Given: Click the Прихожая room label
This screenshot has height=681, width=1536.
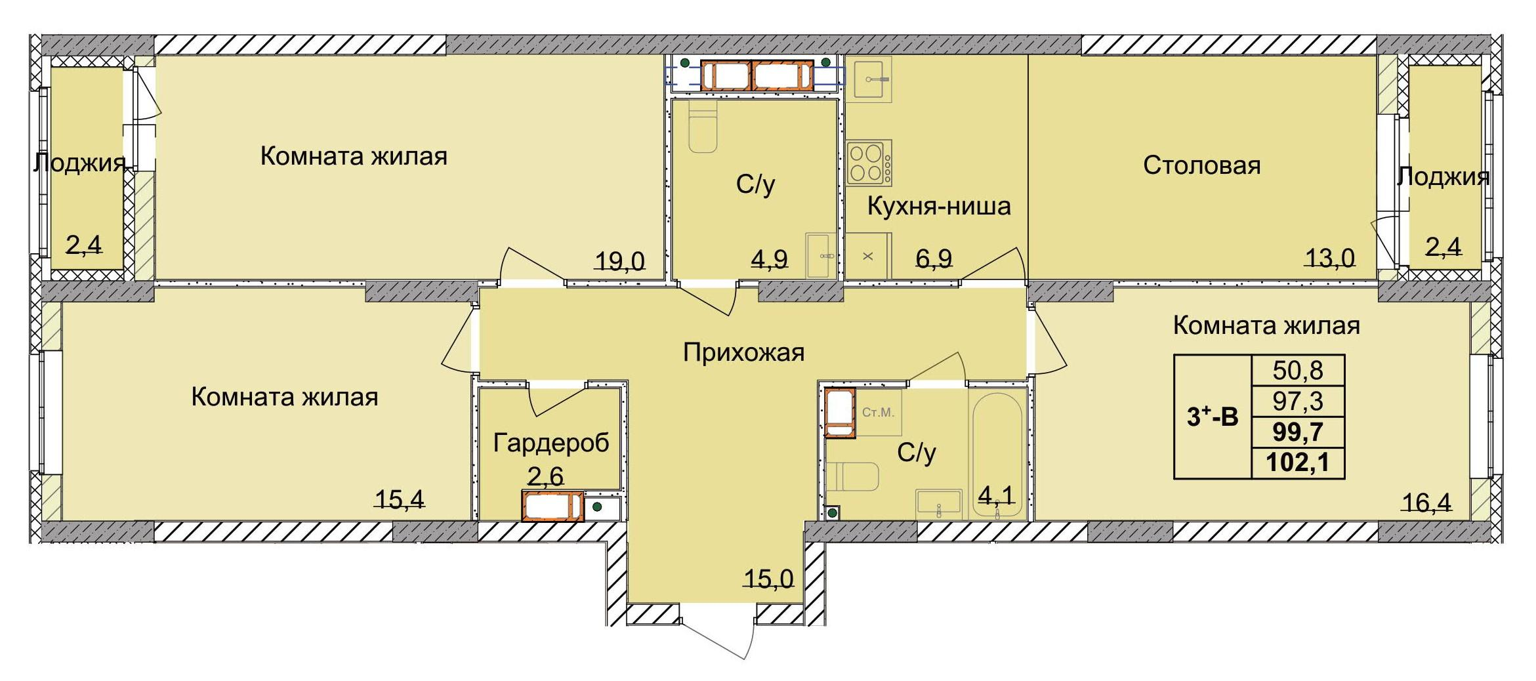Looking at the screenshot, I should (743, 353).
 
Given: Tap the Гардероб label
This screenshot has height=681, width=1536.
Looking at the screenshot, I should (550, 443).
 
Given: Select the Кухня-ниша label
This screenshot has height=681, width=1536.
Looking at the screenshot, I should (938, 207).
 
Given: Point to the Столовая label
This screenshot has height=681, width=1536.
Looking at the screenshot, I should (1201, 165).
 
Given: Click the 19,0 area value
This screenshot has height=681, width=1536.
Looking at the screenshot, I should (619, 261).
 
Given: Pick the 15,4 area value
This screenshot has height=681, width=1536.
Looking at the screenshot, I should (399, 500).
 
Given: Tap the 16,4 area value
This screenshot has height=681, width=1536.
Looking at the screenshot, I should (1426, 503).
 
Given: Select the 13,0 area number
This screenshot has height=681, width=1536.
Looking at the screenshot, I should (1329, 258).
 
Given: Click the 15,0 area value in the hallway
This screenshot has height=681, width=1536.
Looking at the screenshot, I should (768, 579).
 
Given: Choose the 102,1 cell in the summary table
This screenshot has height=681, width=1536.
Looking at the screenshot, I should (1297, 463).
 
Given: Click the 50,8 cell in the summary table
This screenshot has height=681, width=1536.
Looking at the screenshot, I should (1297, 371).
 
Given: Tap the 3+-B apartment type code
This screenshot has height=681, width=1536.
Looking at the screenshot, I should (1212, 417).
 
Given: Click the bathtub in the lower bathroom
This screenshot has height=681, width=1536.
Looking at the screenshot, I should (997, 453).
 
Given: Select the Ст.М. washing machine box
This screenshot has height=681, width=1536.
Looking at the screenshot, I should (878, 413).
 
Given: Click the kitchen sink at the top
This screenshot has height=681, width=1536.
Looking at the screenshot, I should (868, 79).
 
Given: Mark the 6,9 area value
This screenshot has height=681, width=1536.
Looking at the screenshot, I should (933, 258).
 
